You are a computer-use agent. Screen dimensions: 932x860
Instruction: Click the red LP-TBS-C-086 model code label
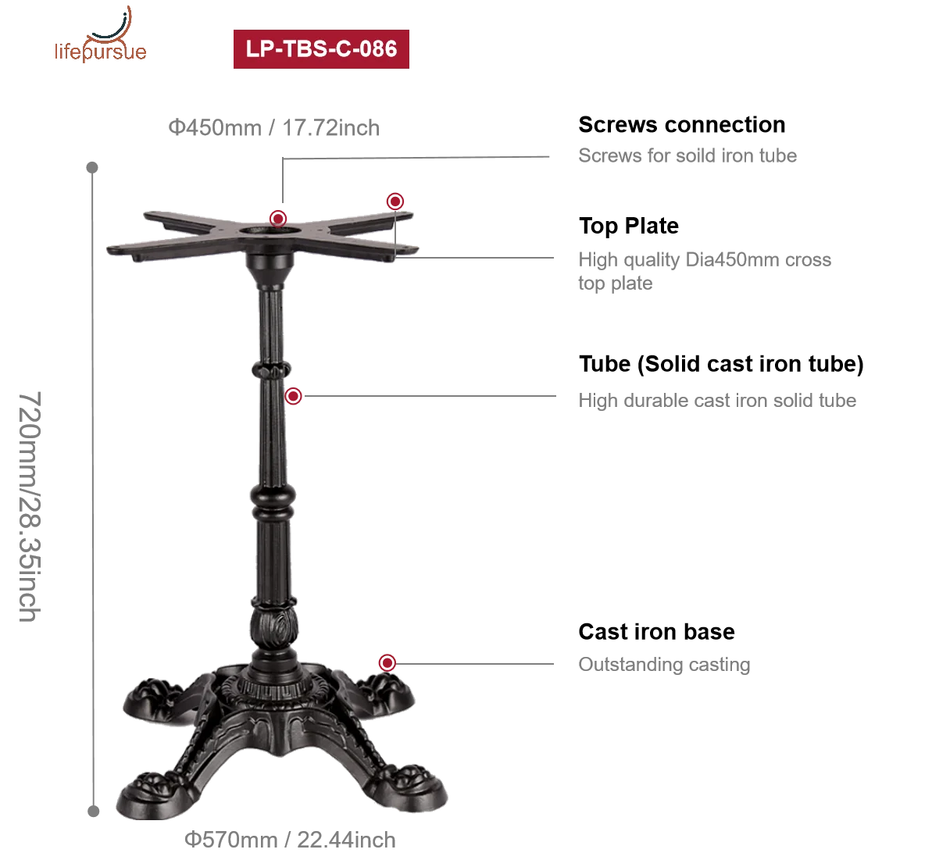tap(321, 48)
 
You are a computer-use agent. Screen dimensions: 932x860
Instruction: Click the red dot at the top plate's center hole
tap(277, 217)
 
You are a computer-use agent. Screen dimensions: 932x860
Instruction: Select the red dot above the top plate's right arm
tap(395, 201)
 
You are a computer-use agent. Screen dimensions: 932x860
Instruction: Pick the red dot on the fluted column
tap(294, 397)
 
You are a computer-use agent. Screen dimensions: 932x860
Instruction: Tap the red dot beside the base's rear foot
tap(387, 663)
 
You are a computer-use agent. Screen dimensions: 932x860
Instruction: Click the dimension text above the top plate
tap(275, 127)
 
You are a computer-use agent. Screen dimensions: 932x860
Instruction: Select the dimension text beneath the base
tap(291, 840)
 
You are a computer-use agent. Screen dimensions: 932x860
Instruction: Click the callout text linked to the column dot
tap(715, 401)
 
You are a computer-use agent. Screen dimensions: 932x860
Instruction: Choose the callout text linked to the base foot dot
tap(662, 666)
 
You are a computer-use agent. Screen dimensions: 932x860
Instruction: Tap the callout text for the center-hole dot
tap(687, 154)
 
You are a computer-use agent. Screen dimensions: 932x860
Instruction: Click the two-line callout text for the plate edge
tap(702, 271)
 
